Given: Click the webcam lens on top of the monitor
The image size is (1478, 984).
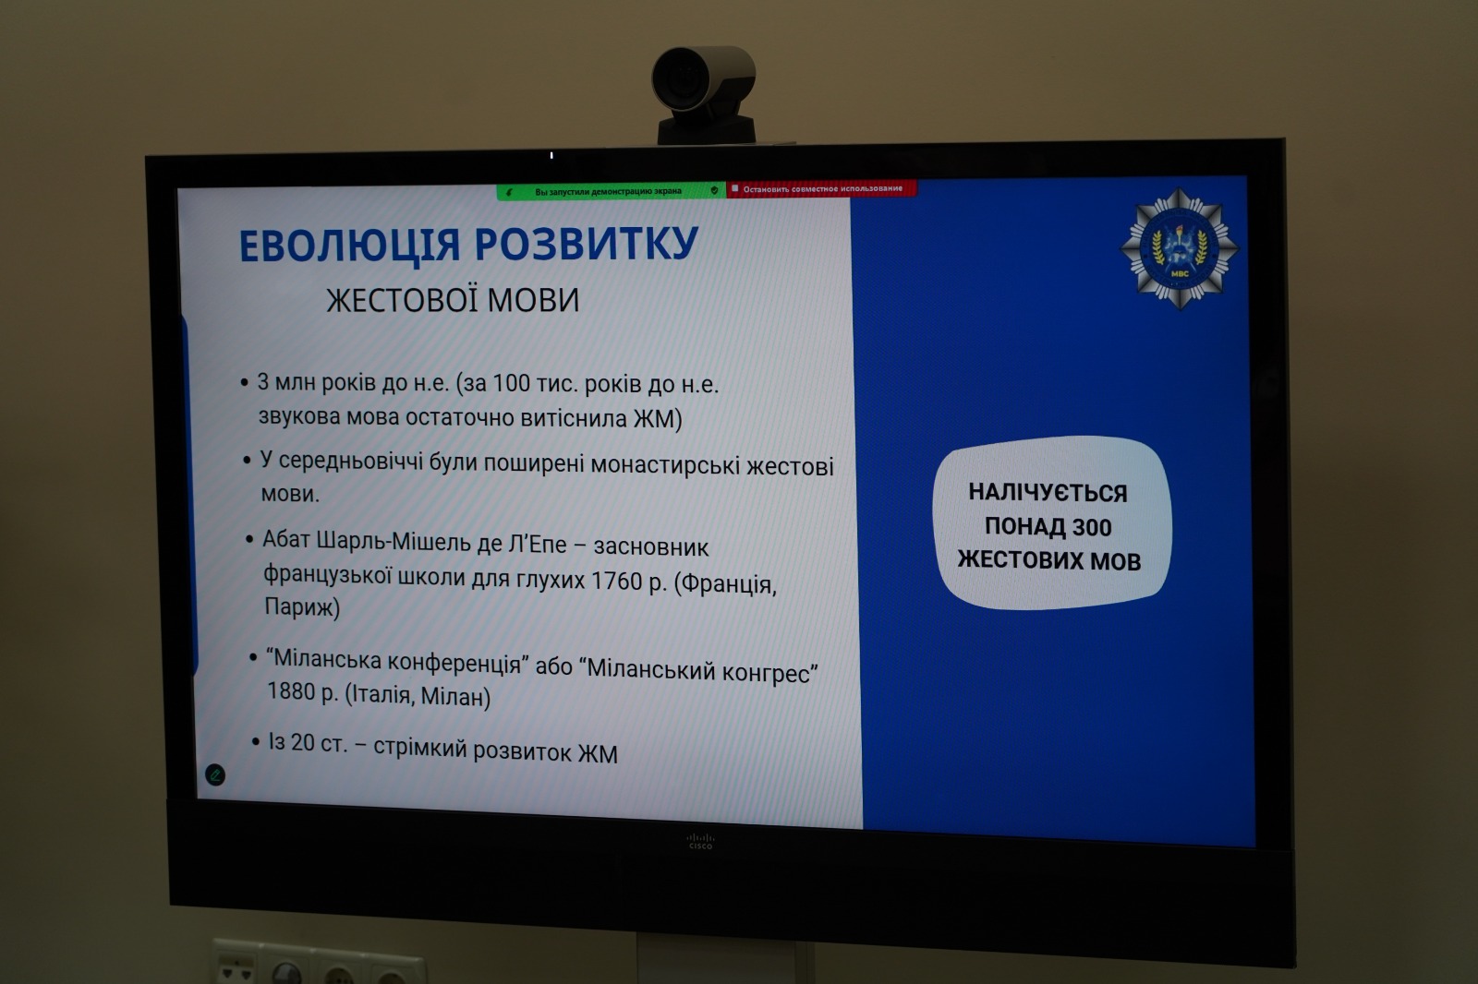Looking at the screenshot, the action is tap(680, 79).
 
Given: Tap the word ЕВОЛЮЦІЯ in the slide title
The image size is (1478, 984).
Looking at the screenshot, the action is tap(349, 246).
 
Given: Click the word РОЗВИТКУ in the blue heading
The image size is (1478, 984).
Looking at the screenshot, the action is tap(586, 243).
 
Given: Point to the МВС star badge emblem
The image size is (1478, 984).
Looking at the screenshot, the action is tap(1179, 248).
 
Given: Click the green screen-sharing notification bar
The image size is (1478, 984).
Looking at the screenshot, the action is tap(611, 191).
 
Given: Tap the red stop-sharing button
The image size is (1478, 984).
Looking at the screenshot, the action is tap(821, 189).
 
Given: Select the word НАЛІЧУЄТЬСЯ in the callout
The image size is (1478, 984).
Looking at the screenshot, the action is tap(1048, 493).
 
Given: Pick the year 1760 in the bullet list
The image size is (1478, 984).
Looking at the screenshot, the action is tap(616, 581).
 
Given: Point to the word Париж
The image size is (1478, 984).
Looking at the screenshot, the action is tap(302, 606).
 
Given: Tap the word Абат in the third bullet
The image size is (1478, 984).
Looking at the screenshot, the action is tap(286, 539).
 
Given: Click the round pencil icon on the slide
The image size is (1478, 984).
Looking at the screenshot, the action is tap(215, 774).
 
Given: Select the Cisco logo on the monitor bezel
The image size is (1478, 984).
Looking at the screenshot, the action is tap(700, 841).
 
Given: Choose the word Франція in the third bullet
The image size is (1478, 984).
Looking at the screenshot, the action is tap(725, 584).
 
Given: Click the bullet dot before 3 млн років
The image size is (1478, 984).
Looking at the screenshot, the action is tap(245, 382).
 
